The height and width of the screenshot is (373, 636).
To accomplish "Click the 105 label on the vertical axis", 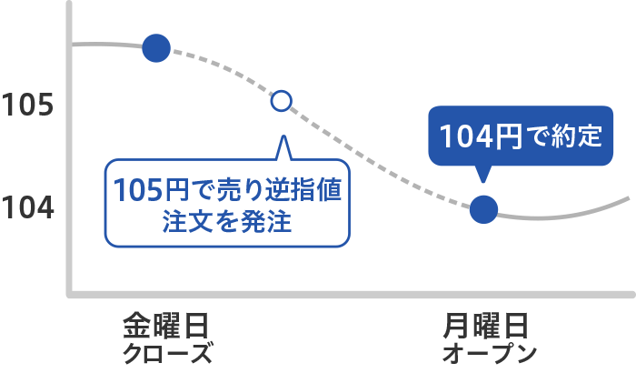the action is [27, 105].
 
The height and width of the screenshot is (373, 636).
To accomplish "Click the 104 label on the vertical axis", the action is [27, 207].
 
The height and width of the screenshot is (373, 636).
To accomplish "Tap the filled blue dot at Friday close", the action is [156, 48].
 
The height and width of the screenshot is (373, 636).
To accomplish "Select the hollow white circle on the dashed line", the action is [282, 101].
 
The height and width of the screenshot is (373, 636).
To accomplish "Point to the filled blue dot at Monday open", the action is [483, 209].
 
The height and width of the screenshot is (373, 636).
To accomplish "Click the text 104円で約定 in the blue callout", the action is [521, 136].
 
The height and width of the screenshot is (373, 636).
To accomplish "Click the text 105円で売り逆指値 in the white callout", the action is [227, 190].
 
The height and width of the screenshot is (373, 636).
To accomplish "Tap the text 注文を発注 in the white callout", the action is [227, 222].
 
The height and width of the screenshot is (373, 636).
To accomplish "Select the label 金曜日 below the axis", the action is [166, 326].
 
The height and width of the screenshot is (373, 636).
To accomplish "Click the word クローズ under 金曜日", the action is [167, 354].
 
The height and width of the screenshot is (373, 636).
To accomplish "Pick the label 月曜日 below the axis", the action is [485, 326].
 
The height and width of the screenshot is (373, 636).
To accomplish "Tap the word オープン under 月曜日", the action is [490, 354].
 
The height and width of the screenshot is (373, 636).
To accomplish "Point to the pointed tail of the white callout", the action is [283, 136].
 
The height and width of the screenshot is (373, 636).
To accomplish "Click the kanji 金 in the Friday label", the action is [137, 326].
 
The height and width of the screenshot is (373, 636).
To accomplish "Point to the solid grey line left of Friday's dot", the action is [107, 44].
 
